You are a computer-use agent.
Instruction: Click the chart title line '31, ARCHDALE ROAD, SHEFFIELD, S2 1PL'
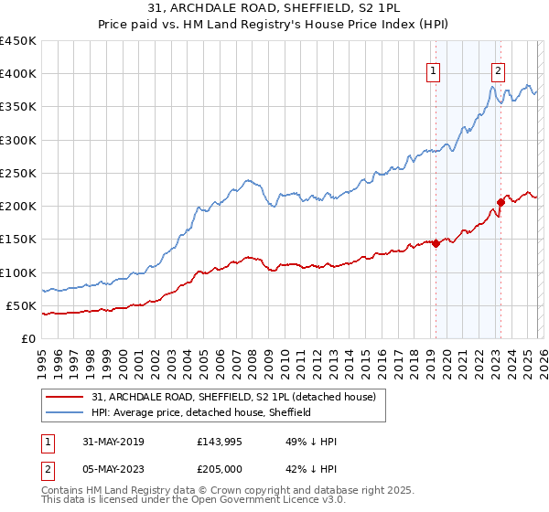tap(274, 8)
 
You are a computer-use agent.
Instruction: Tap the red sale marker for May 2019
tap(436, 243)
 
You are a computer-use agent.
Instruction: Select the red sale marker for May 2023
tap(501, 202)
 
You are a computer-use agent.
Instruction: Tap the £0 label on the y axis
tap(28, 339)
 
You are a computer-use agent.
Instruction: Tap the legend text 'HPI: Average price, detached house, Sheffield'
tap(201, 412)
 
